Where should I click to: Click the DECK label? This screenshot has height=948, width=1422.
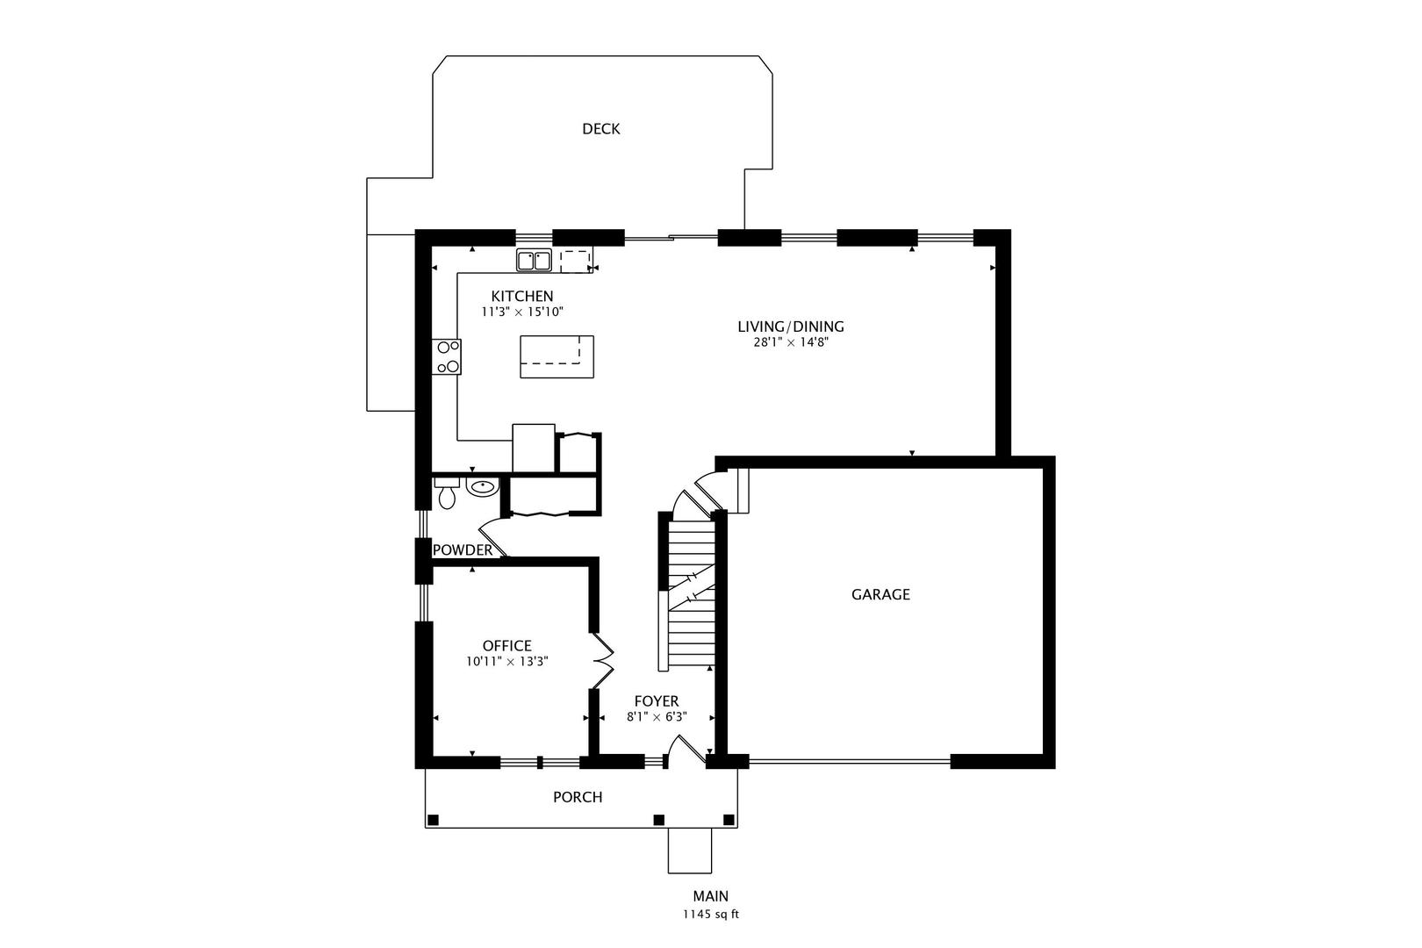(x=600, y=129)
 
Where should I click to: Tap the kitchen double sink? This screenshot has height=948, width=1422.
(x=534, y=261)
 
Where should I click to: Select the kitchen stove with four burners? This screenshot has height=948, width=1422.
(x=447, y=356)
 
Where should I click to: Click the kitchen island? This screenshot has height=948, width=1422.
(x=557, y=356)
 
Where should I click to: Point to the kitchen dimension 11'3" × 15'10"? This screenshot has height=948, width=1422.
(x=521, y=312)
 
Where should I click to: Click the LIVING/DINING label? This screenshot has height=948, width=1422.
(x=790, y=327)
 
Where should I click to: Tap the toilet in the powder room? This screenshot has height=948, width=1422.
(x=447, y=495)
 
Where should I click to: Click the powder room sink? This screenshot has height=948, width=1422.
(x=482, y=487)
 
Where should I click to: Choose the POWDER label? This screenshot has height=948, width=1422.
(x=463, y=550)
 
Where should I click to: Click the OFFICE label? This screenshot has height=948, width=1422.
(x=506, y=646)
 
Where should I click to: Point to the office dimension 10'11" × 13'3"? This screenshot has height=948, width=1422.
(x=506, y=662)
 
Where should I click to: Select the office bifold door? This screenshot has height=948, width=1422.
(x=603, y=661)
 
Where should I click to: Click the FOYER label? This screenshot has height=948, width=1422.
(x=656, y=701)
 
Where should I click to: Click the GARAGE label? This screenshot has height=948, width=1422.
(x=880, y=594)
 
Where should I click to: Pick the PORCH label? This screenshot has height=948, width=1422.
(x=578, y=797)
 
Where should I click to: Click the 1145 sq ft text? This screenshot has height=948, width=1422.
(x=710, y=914)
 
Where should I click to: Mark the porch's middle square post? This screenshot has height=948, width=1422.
(x=658, y=820)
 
